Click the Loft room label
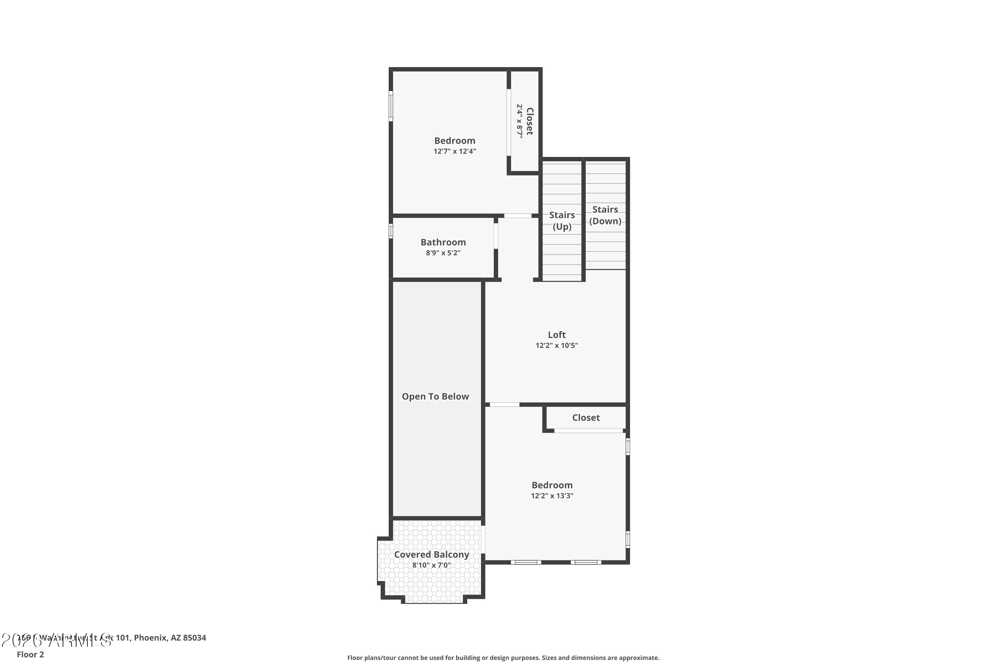[557, 334]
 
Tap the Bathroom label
[443, 242]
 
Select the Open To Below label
[435, 396]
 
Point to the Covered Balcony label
[432, 554]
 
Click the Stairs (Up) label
[562, 220]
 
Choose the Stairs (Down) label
[605, 215]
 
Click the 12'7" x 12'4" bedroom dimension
[455, 151]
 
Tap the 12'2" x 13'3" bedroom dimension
[552, 496]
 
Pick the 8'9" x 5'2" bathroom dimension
[443, 253]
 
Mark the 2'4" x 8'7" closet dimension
[519, 121]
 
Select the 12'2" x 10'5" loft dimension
[557, 345]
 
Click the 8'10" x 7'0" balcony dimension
[432, 565]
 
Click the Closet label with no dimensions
[586, 418]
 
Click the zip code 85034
[194, 638]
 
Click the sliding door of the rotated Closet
[509, 122]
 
